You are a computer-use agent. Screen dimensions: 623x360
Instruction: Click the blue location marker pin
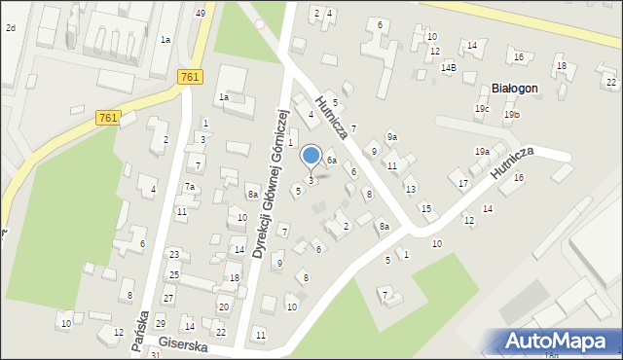311,156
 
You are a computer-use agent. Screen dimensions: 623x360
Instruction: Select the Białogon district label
515,88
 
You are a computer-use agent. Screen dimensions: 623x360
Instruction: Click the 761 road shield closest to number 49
190,76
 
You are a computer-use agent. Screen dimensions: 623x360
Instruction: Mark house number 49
200,13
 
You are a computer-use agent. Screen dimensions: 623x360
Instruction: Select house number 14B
448,68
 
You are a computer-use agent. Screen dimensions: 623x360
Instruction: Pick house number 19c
482,108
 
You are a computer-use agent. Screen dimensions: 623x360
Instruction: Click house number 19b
512,115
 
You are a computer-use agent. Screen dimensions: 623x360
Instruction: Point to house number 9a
391,136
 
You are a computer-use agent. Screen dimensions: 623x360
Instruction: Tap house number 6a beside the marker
332,160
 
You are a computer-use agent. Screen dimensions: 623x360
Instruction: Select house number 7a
191,187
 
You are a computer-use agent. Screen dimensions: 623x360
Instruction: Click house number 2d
11,28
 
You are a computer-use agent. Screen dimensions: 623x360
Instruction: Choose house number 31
155,355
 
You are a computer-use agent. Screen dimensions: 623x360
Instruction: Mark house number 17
463,183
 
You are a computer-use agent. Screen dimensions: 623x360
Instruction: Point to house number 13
411,189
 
